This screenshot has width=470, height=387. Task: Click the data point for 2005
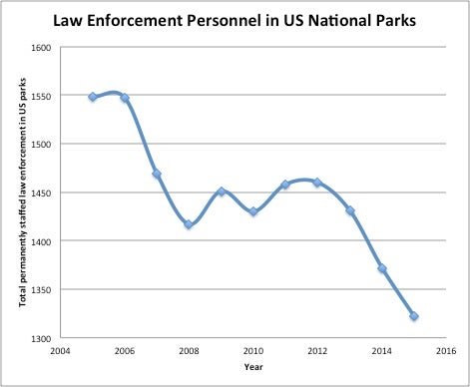coord(93,97)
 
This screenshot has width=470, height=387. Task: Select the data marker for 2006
coord(125,98)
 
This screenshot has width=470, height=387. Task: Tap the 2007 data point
coord(157,174)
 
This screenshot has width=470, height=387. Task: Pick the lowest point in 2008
coord(189,224)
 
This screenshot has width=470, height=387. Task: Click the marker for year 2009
coord(222,192)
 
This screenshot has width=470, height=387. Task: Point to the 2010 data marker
coord(253,211)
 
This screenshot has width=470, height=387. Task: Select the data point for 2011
coord(285,185)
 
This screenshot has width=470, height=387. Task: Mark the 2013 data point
coord(349,210)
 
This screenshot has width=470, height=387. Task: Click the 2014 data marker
coord(382,268)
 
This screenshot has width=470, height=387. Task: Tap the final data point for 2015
coord(414,316)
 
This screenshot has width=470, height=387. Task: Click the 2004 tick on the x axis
coord(61,352)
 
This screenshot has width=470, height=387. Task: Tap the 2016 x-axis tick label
coord(446,352)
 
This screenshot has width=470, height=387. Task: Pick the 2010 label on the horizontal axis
coord(253,352)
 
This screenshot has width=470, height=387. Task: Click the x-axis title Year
coord(252,366)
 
